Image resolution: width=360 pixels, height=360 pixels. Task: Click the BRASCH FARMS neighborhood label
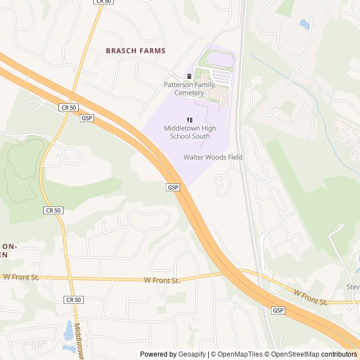click(x=136, y=51)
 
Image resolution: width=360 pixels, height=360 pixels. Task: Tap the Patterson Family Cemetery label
click(x=189, y=88)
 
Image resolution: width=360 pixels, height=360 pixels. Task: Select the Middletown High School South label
click(x=187, y=132)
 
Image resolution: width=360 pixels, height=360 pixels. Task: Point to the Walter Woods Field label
click(x=213, y=157)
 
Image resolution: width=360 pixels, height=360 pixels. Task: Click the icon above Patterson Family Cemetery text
click(x=189, y=76)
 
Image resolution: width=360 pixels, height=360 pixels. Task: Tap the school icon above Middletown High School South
click(x=189, y=120)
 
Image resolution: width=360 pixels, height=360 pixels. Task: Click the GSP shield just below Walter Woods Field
click(x=173, y=187)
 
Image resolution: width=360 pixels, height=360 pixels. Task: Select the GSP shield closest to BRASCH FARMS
click(x=87, y=118)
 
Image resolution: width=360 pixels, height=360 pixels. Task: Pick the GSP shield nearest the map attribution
click(x=278, y=310)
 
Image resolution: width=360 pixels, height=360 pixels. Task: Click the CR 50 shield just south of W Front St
click(x=73, y=300)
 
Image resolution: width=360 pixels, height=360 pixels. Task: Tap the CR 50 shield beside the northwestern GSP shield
click(x=67, y=107)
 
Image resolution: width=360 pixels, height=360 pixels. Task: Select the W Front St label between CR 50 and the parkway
click(x=161, y=280)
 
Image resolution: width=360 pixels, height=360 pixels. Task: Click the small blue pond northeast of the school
click(x=305, y=25)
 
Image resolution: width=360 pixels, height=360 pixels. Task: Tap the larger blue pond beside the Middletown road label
click(x=68, y=330)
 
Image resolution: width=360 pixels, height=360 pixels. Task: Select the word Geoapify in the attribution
click(x=192, y=354)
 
